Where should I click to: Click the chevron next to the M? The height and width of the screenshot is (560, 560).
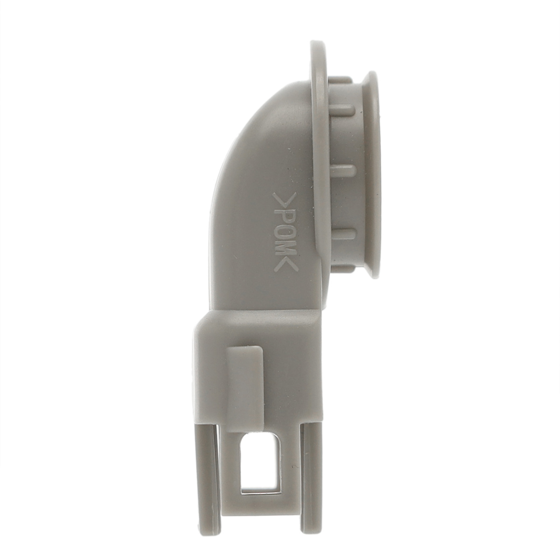[x=286, y=265]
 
